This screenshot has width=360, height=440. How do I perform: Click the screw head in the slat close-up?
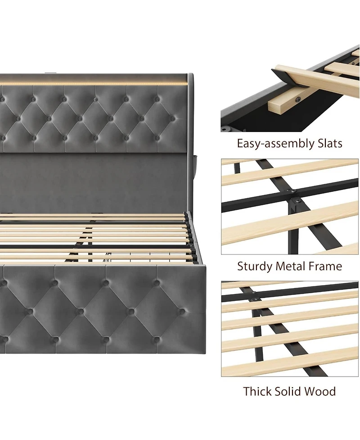pos(297,98)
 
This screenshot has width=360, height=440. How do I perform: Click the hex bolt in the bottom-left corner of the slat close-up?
pos(224,129)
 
